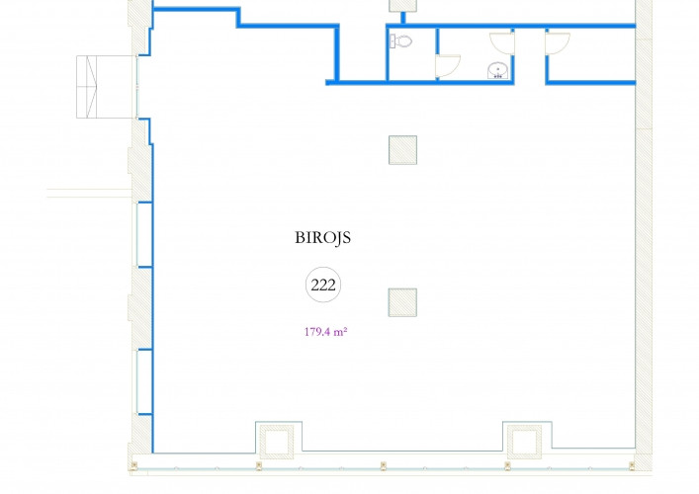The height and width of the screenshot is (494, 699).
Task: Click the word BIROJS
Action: click(x=322, y=237)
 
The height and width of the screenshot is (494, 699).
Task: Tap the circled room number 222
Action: click(x=323, y=285)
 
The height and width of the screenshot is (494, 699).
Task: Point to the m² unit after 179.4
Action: click(x=340, y=332)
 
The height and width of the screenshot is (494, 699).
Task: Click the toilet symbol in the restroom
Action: click(x=400, y=41)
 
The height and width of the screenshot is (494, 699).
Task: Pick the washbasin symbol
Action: click(x=498, y=70)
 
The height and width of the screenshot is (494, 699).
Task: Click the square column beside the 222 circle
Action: click(x=402, y=302)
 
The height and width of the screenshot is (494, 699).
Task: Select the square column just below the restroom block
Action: click(x=402, y=150)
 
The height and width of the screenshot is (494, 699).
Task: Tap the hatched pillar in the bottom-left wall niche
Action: click(x=277, y=442)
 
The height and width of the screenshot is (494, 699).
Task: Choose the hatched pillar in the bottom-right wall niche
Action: click(x=524, y=442)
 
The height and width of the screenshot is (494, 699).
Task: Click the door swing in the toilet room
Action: click(x=448, y=66)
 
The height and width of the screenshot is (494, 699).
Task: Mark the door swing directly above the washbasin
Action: click(x=502, y=43)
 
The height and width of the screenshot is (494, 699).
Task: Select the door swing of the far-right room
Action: click(x=558, y=43)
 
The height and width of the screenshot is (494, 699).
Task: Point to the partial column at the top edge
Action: click(x=403, y=5)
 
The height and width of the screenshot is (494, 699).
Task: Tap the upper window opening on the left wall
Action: click(x=144, y=235)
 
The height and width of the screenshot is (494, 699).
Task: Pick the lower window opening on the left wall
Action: click(x=144, y=382)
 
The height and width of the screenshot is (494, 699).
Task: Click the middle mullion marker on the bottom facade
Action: click(x=383, y=466)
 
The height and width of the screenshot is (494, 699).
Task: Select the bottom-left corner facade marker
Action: click(x=133, y=466)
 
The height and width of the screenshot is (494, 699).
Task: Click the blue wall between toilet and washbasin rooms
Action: click(x=437, y=54)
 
